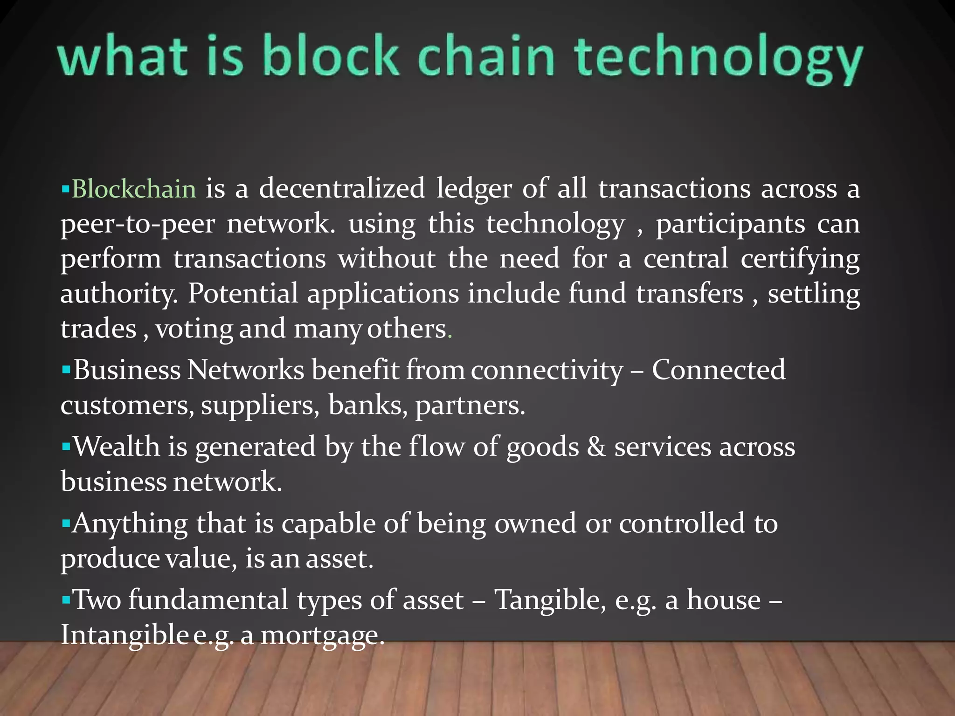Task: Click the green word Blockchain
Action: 134,189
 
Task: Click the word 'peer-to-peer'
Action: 138,224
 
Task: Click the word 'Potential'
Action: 242,294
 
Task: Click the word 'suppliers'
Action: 260,405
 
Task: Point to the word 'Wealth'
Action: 117,447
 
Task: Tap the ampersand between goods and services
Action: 596,447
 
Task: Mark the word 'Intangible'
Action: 124,635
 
